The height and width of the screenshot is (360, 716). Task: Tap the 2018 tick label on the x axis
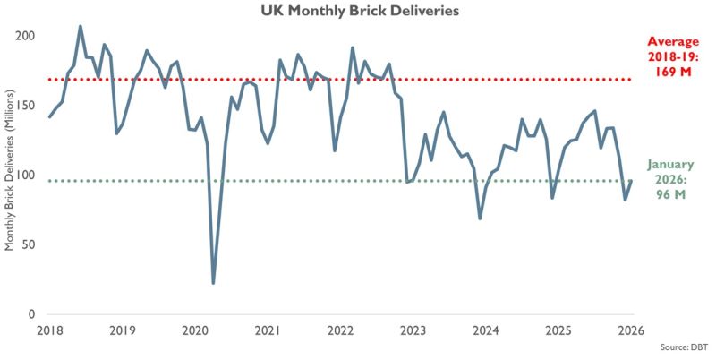[x=50, y=330]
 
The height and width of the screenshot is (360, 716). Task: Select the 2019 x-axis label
[x=123, y=330]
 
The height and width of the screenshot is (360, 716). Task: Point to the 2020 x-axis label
[x=196, y=330]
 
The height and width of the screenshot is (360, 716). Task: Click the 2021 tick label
[x=268, y=330]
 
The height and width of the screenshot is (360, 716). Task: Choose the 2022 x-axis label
[x=341, y=330]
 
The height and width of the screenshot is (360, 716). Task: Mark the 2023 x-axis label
[x=413, y=330]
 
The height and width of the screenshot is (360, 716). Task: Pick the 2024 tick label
[x=487, y=330]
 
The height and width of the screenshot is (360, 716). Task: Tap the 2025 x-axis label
[x=559, y=330]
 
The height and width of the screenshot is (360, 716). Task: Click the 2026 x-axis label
[x=632, y=330]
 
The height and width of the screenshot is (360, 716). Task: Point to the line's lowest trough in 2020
[x=214, y=283]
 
